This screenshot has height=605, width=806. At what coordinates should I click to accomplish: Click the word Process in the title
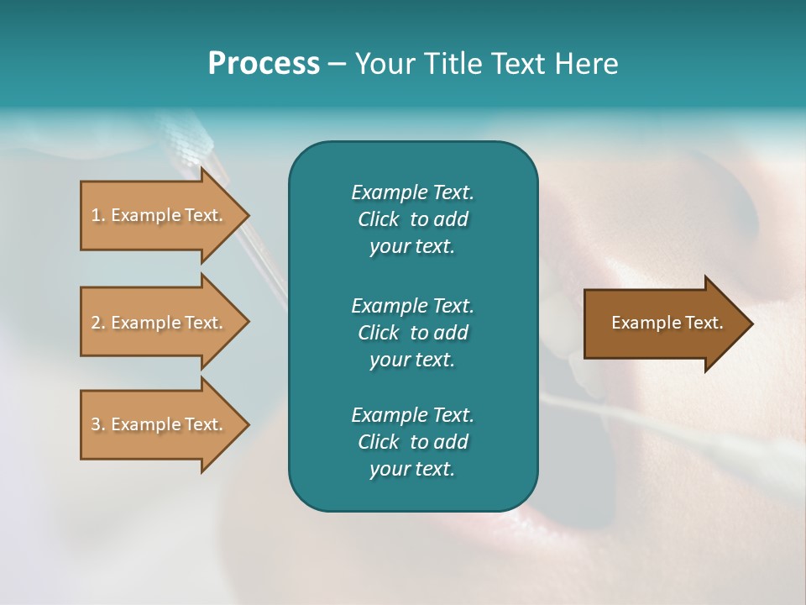pos(264,64)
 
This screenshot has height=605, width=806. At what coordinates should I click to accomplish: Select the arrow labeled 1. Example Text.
pos(160,215)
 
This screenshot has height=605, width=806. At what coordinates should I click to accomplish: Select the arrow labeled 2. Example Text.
pos(160,323)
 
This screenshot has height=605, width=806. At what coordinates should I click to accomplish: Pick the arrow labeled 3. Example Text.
pos(160,424)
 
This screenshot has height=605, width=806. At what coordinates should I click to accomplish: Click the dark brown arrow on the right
pos(663,324)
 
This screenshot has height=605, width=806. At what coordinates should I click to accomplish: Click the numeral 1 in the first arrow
pos(96,215)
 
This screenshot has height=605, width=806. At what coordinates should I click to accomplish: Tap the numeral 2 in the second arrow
pos(96,323)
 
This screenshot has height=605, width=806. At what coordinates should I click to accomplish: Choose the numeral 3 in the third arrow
pos(96,424)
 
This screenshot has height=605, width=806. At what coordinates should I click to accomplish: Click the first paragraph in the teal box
pos(412,219)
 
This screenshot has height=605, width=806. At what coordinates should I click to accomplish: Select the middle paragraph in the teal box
pos(412,333)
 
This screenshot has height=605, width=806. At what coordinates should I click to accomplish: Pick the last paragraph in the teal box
pos(412,442)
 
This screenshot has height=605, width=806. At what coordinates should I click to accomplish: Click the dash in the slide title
pos(337,65)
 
